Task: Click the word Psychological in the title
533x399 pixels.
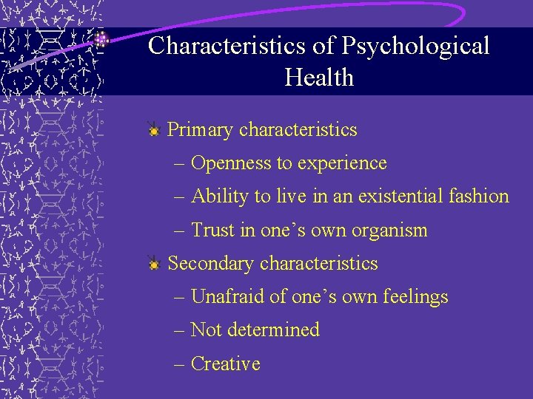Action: tap(415, 46)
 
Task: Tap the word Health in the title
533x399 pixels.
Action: tap(319, 77)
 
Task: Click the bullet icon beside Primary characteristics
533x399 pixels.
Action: tap(153, 130)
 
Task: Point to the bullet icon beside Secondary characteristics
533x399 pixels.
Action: tap(153, 264)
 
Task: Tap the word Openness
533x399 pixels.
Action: tap(232, 163)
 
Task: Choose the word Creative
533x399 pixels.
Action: tap(226, 364)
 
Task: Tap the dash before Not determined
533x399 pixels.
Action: tap(181, 330)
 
